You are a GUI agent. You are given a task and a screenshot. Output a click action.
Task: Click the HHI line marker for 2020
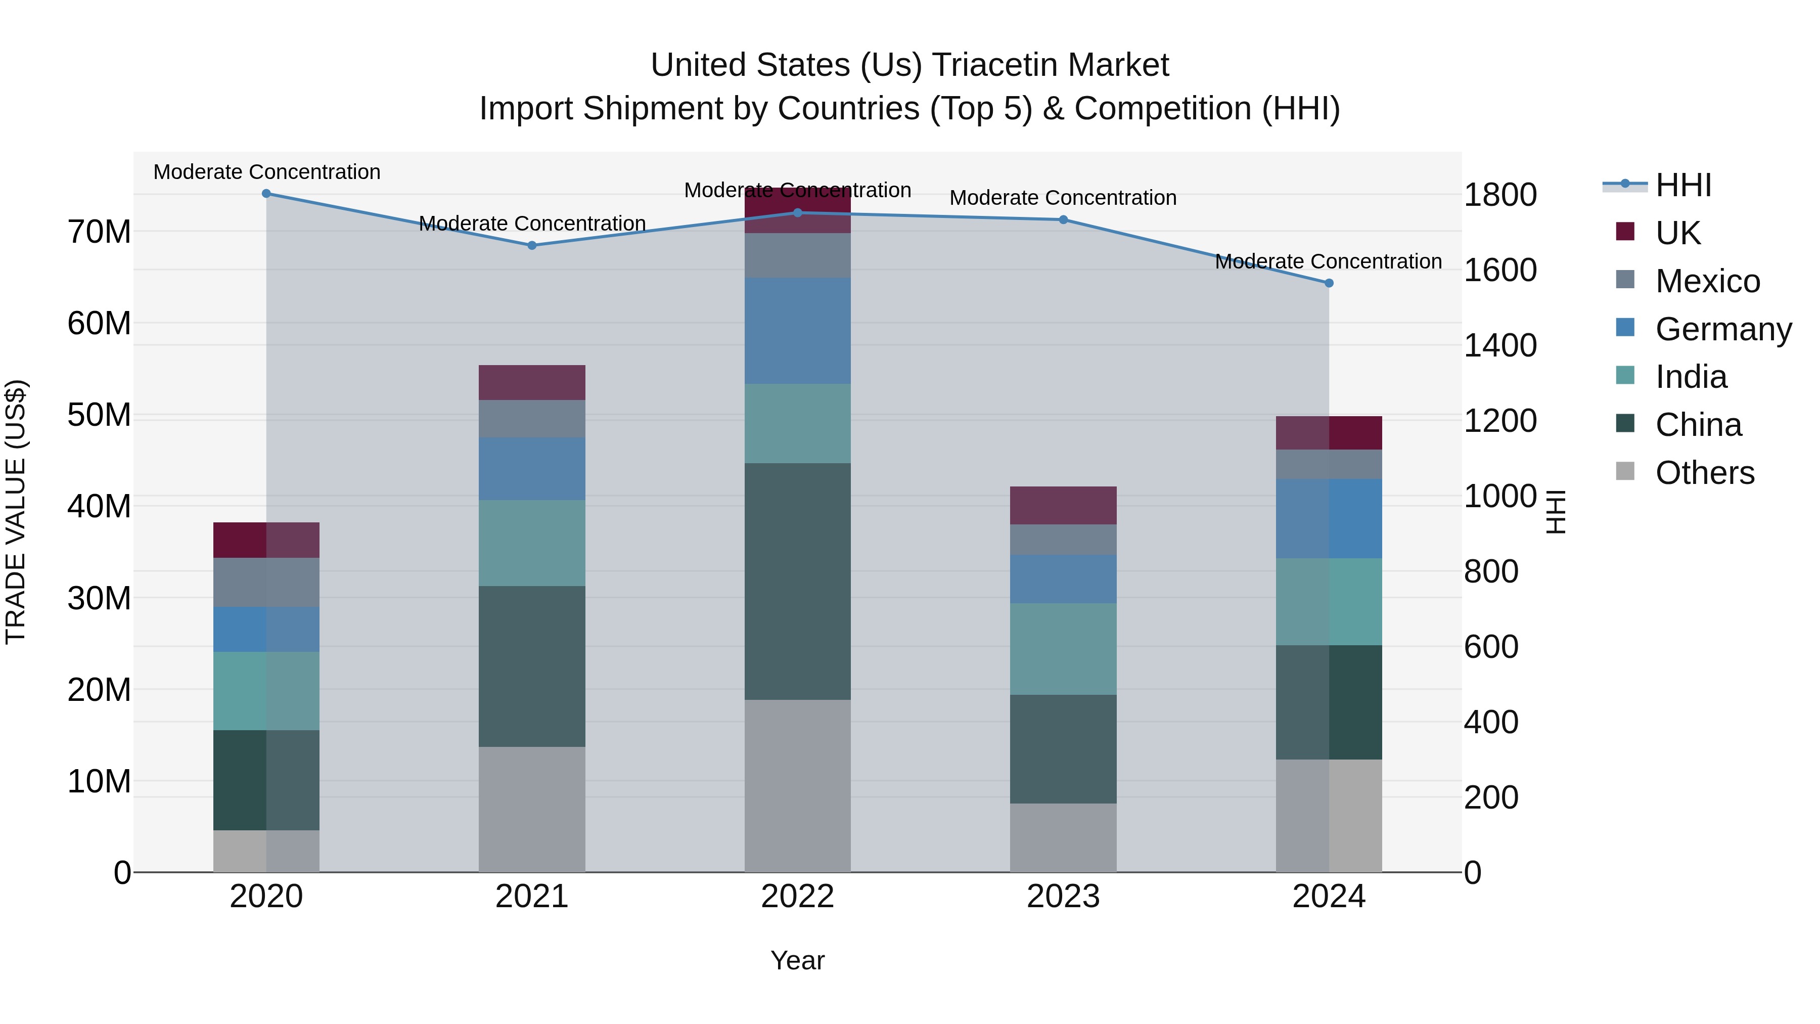(266, 194)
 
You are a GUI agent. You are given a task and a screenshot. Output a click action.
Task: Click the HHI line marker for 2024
(1329, 283)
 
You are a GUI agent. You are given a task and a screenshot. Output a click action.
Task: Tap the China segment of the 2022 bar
(798, 582)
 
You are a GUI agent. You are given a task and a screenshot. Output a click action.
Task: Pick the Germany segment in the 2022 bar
(798, 331)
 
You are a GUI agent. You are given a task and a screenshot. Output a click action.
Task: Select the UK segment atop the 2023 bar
(1063, 505)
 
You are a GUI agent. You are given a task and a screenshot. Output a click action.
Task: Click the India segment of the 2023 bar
(1063, 649)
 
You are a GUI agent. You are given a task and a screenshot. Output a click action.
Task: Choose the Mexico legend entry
(1707, 281)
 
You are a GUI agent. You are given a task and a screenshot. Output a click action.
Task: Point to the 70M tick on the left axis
(99, 232)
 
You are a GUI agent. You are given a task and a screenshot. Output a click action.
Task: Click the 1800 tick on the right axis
(1500, 195)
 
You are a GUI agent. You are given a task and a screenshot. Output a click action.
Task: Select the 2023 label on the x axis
(1063, 897)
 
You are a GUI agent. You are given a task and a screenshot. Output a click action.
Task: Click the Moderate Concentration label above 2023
(1063, 198)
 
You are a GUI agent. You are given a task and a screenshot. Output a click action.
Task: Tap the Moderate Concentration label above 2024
(1328, 261)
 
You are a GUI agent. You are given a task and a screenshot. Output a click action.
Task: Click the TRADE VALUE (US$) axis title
(16, 512)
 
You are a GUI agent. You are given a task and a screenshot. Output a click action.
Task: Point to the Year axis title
(798, 960)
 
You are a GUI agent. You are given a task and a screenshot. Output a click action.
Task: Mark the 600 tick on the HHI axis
(1491, 647)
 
